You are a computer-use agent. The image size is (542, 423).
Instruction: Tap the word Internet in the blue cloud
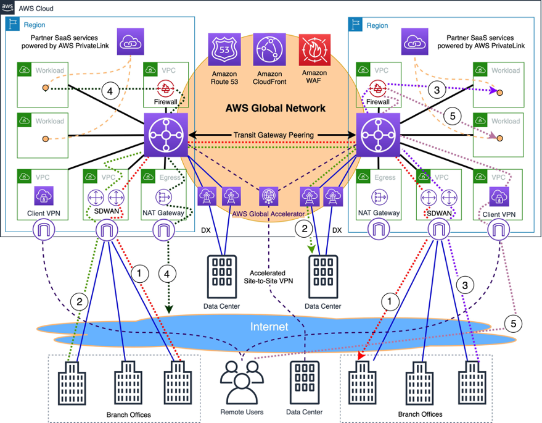[269, 327]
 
